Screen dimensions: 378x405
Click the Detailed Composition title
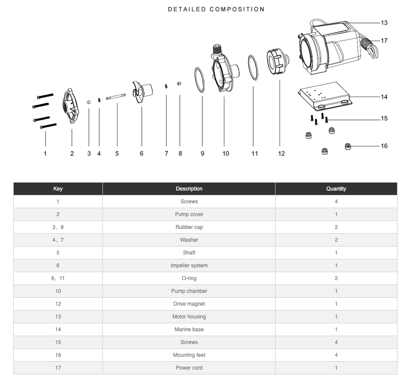click(x=216, y=9)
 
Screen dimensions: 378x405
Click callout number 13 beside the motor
click(x=384, y=23)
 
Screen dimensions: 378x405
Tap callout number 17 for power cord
click(x=384, y=41)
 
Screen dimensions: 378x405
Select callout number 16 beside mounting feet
click(x=384, y=146)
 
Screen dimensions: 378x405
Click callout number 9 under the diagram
click(x=202, y=153)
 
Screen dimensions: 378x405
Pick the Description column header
click(x=189, y=189)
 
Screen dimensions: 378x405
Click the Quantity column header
click(x=336, y=189)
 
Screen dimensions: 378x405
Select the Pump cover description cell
click(x=189, y=214)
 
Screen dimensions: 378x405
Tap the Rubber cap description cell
click(x=189, y=227)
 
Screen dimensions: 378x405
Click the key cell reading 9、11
click(x=58, y=278)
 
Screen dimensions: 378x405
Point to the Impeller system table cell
click(x=189, y=266)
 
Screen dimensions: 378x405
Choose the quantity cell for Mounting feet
click(x=336, y=355)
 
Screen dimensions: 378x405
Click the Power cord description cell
click(x=189, y=368)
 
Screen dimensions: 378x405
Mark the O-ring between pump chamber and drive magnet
click(x=253, y=68)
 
